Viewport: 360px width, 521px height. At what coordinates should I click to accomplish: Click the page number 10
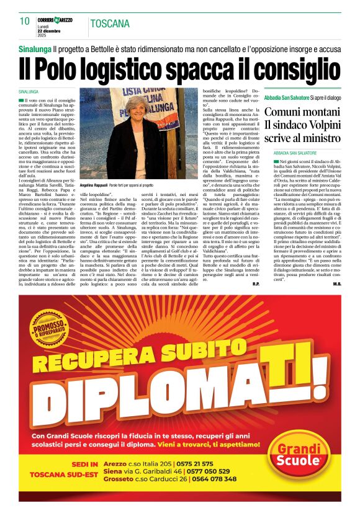[25, 22]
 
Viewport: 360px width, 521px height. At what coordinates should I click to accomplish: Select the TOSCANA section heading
[110, 24]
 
